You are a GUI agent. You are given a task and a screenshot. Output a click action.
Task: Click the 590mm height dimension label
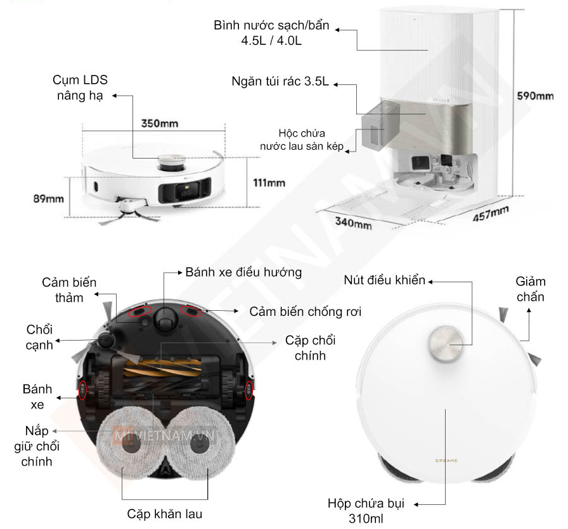(535, 96)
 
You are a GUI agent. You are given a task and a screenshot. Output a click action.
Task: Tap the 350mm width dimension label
(160, 124)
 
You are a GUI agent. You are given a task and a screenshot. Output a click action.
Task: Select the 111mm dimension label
(269, 183)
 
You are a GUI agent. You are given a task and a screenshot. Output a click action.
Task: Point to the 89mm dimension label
(49, 199)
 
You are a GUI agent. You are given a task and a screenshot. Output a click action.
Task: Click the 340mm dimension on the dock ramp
(354, 223)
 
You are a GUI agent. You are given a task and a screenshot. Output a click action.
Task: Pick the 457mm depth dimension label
(491, 213)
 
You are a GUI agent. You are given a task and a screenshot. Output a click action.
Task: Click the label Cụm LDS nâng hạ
(80, 88)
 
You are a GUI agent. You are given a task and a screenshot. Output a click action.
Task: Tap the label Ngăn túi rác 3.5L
(280, 82)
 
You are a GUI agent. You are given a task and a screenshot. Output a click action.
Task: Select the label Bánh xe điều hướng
(243, 272)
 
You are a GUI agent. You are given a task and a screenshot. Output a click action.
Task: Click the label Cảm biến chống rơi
(306, 311)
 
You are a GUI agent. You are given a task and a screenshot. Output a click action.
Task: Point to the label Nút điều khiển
(384, 280)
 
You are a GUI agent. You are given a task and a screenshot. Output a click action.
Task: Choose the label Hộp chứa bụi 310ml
(366, 511)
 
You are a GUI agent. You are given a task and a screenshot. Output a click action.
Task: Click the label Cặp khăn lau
(164, 514)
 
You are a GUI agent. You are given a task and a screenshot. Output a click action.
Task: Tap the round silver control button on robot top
(446, 344)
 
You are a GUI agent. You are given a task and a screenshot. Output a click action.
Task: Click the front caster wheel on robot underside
(165, 319)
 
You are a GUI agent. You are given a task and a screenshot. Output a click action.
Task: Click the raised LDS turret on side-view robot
(172, 162)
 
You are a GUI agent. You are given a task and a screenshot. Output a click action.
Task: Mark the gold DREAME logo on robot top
(446, 460)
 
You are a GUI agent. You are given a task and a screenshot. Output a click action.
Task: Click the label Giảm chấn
(531, 289)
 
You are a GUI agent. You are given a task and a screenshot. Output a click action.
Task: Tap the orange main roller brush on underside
(161, 367)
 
